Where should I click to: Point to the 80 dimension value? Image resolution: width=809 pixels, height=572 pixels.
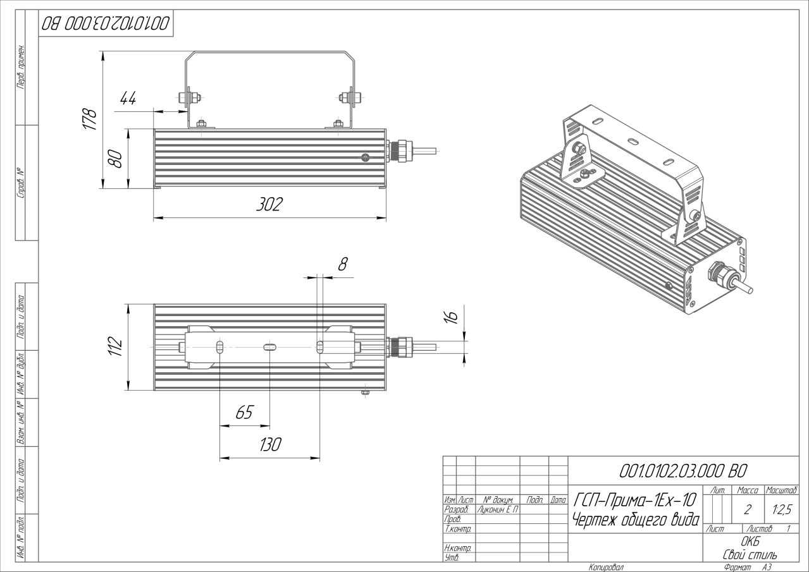pos(115,159)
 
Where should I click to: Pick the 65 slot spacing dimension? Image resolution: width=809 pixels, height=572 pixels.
pos(244,413)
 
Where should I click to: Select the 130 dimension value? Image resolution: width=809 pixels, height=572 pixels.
pos(269,444)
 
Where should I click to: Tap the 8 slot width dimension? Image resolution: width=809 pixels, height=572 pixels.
pos(342,264)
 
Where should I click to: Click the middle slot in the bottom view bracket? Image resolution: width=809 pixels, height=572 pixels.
pos(269,346)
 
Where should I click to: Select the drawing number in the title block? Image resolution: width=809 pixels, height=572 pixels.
pos(684,470)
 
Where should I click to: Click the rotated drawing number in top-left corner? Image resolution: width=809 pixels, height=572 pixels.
pos(106,23)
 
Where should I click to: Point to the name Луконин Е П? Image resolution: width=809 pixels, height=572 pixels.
pos(497,509)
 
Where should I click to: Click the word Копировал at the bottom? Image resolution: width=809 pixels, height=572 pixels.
pos(606,567)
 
